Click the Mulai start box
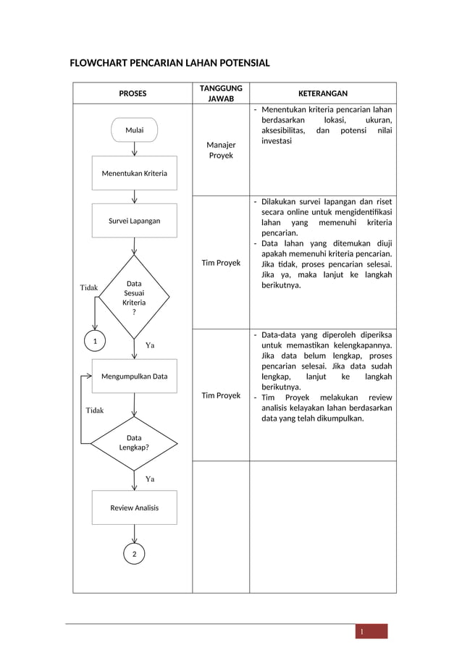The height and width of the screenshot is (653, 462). pos(134,130)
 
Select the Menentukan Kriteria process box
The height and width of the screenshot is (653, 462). pos(134,173)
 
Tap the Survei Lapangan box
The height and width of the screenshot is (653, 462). pos(134,220)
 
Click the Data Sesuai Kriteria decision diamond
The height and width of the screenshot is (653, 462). pos(134,297)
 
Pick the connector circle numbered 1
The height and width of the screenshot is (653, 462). pos(94,340)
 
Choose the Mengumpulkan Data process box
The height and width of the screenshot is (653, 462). pos(134,376)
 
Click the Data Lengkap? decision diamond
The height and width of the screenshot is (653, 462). pos(134,442)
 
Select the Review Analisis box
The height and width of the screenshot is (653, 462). pos(134,507)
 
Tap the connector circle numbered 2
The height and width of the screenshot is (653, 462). pos(134,554)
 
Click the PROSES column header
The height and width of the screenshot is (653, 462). pos(133,93)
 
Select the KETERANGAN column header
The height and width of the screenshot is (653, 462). pos(323,93)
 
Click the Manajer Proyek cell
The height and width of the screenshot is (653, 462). pos(221,151)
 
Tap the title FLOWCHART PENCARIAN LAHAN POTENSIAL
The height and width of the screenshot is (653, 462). pos(169,64)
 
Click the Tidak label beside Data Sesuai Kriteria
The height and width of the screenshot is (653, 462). pos(89,288)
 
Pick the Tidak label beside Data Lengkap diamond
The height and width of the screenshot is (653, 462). pos(95,410)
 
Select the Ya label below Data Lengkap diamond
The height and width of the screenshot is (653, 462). pos(150,479)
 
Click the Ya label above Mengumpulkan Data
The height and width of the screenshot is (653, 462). pos(150,345)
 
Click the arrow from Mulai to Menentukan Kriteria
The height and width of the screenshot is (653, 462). pos(135,149)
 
